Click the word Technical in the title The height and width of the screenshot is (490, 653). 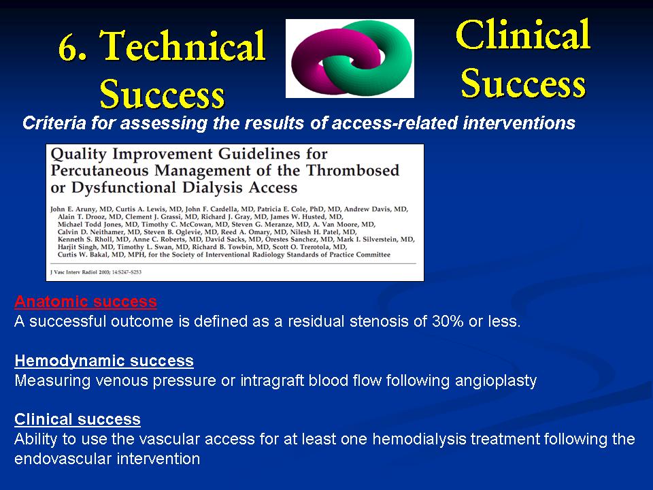(x=183, y=46)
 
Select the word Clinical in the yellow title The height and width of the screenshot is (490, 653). (x=523, y=35)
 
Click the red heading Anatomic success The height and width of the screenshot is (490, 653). (x=86, y=301)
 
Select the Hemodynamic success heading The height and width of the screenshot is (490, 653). (x=104, y=361)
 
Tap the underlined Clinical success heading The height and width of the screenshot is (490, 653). (x=78, y=419)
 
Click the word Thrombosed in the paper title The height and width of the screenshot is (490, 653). (x=353, y=170)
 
